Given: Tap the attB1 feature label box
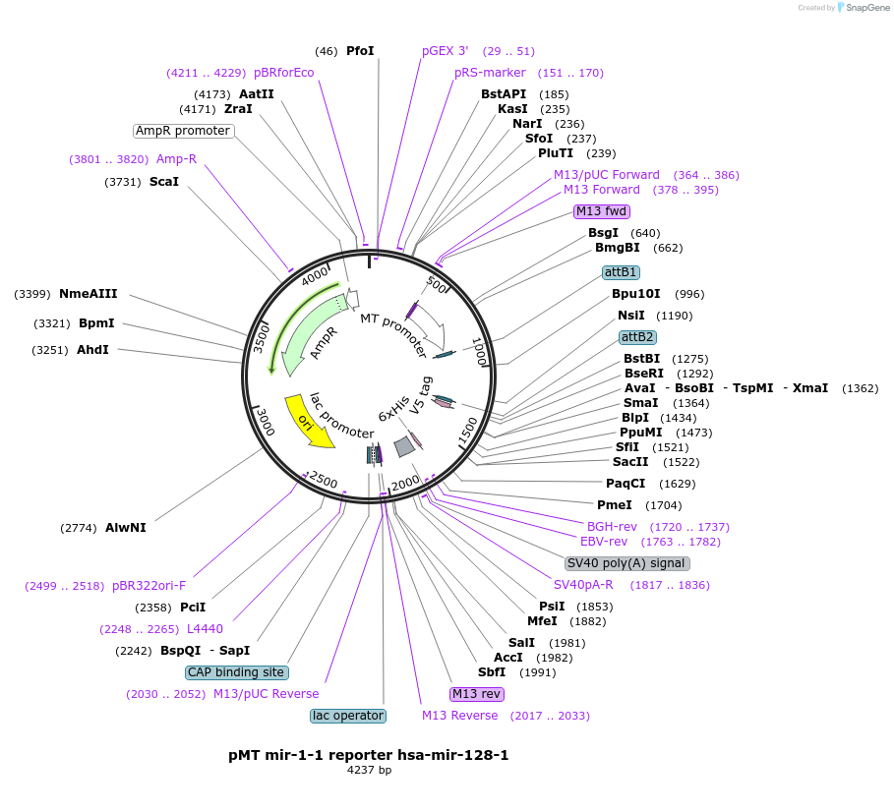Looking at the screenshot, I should (621, 272).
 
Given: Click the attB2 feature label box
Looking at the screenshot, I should (636, 337).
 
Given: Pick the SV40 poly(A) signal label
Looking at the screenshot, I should (626, 563).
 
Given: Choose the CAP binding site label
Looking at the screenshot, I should (236, 672).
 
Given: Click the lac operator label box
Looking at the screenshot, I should (347, 716).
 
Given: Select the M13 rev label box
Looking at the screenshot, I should (476, 694).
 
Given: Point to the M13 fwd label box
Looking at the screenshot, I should (602, 211).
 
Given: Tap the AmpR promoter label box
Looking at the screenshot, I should (183, 131).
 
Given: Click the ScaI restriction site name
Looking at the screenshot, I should (164, 182).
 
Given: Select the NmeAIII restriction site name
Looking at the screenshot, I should (88, 294).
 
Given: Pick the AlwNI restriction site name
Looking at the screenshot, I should (126, 528).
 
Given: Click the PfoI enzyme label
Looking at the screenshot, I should (360, 51).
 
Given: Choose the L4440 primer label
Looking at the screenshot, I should (205, 629).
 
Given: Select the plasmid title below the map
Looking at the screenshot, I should (369, 755).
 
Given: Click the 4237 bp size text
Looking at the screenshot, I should (369, 771).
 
